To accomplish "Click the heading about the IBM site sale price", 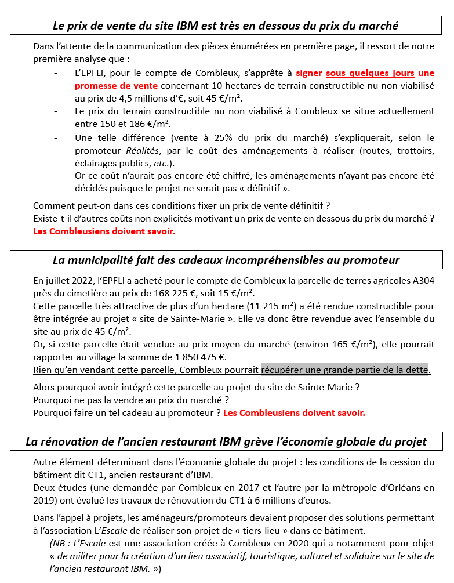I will point(226,26).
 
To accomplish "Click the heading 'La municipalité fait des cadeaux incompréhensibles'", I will point(226,259).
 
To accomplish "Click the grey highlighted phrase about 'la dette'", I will point(344,370).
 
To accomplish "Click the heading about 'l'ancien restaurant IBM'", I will point(226,441).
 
